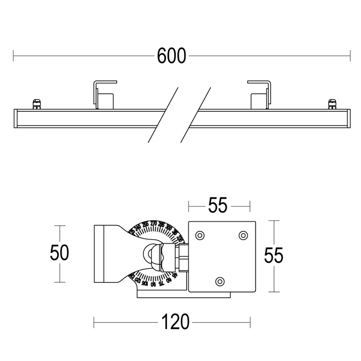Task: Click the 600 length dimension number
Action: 171,56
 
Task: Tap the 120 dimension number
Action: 175,322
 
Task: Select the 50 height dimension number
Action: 59,253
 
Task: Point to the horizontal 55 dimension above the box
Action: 218,206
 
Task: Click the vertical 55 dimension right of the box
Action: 274,256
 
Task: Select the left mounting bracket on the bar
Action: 104,95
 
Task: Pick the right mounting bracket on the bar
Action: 260,95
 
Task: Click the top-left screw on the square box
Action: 199,235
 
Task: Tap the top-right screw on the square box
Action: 243,235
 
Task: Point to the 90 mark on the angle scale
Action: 153,284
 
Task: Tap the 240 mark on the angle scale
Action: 138,227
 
